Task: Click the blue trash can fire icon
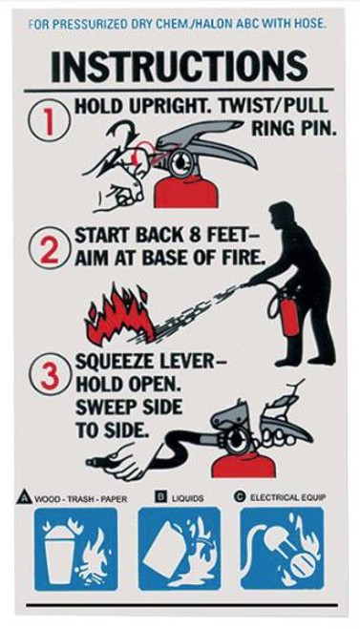(x=75, y=551)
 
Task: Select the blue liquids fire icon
(x=180, y=551)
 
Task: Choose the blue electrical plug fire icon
(x=283, y=551)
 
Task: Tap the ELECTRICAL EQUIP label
(x=289, y=498)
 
